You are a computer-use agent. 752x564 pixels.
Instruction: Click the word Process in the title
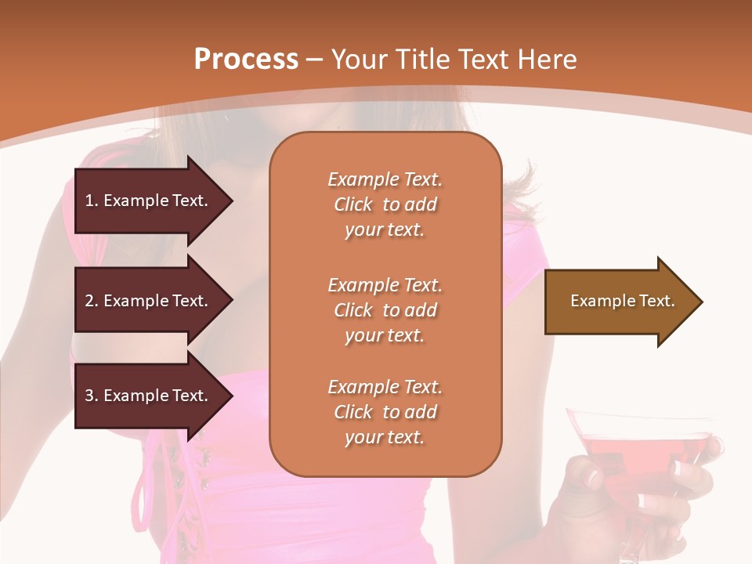(246, 59)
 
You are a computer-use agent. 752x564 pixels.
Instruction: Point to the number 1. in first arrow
(91, 201)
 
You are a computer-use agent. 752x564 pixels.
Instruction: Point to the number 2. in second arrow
(91, 301)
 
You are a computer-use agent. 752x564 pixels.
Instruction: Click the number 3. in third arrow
(91, 396)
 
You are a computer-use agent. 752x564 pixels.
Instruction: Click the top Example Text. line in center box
(385, 179)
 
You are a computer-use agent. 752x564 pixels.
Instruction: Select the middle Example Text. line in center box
(385, 284)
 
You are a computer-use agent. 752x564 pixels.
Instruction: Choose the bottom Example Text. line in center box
(385, 387)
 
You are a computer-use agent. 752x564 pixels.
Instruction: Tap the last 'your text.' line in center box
(385, 438)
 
